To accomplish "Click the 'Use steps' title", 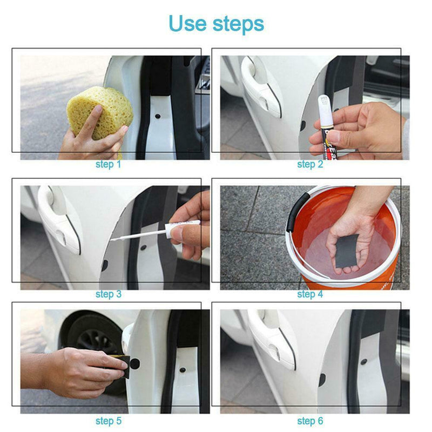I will click(216, 23).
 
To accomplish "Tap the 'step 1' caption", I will click(108, 164).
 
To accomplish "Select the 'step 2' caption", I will click(310, 164).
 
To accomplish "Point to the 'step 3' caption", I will click(108, 294).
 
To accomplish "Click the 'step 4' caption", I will click(310, 294).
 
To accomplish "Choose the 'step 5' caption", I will click(108, 421).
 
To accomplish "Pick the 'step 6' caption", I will click(310, 421).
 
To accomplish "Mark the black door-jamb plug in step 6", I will click(322, 380).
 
